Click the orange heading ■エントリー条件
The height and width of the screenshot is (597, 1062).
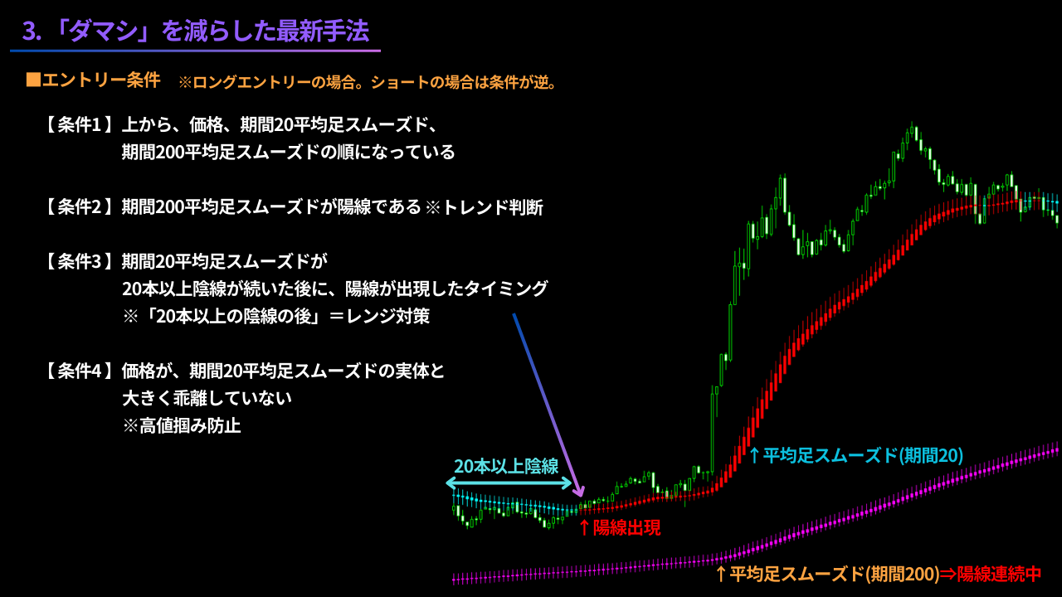pos(93,80)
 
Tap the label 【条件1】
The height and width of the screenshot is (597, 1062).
pos(78,125)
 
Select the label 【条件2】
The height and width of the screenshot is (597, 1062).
pos(78,207)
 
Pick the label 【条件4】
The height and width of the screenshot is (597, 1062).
pos(78,371)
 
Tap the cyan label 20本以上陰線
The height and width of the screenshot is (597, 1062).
pos(506,466)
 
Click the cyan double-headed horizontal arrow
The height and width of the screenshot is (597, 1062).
pos(509,483)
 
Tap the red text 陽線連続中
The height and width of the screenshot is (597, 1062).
pos(999,574)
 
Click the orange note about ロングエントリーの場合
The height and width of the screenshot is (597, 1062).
pos(367,82)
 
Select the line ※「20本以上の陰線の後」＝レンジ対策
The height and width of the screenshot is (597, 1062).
pos(275,316)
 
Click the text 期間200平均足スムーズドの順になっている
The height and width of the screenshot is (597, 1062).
pos(288,153)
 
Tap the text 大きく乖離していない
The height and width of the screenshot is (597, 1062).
pos(207,398)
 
